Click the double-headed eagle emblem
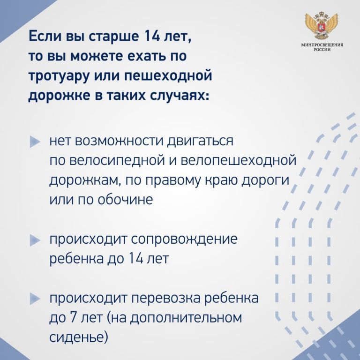pyautogui.click(x=322, y=26)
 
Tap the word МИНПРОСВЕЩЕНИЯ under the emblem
pyautogui.click(x=322, y=45)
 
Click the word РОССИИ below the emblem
pyautogui.click(x=322, y=50)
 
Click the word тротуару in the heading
pyautogui.click(x=59, y=76)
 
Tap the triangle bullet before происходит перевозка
pyautogui.click(x=35, y=299)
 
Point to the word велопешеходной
pyautogui.click(x=238, y=161)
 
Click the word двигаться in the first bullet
pyautogui.click(x=200, y=141)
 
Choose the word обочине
pyautogui.click(x=125, y=199)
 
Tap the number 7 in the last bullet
pyautogui.click(x=72, y=318)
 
